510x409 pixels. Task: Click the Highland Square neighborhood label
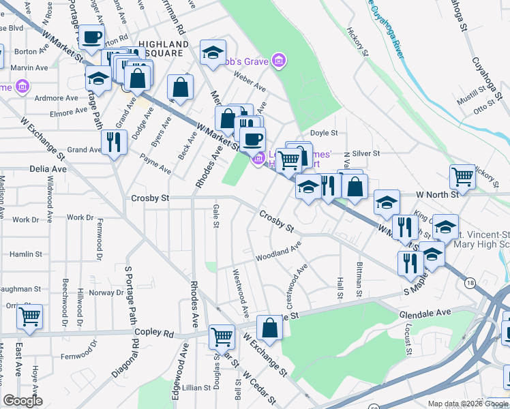point(161,48)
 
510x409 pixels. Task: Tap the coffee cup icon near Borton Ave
point(91,37)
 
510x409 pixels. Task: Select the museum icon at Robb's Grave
point(278,62)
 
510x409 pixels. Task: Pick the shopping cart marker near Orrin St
point(29,316)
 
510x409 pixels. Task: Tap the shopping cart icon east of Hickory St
point(462,177)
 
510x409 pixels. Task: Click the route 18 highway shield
point(470,283)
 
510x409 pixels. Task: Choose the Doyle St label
point(324,133)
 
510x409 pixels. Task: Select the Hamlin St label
point(26,254)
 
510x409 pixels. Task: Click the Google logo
point(22,401)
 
